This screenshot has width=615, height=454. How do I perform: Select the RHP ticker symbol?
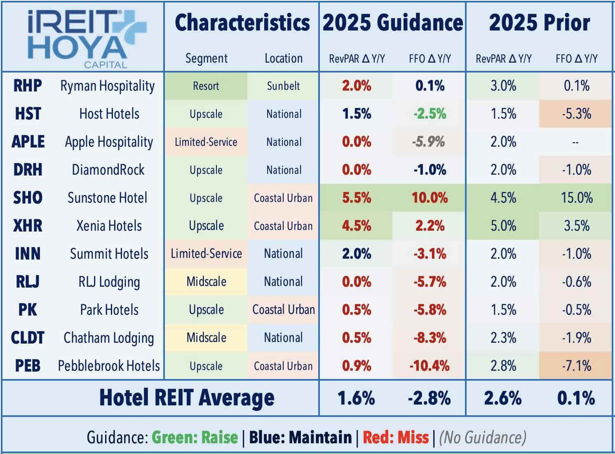click(x=28, y=86)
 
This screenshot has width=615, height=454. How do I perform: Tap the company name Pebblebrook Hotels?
click(x=109, y=365)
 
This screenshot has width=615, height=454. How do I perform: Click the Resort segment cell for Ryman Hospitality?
click(x=206, y=86)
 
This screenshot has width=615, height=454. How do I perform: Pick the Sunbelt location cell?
click(x=283, y=86)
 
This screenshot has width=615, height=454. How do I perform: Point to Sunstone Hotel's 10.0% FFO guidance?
click(x=430, y=198)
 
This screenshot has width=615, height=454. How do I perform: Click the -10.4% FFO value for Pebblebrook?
click(x=429, y=365)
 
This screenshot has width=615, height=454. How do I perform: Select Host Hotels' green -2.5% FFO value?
click(x=430, y=114)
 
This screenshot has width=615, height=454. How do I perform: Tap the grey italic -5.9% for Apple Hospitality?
click(x=429, y=142)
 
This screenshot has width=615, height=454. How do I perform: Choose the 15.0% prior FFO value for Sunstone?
click(x=576, y=198)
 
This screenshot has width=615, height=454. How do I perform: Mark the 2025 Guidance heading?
click(x=392, y=23)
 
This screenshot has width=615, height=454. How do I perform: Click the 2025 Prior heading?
click(x=539, y=23)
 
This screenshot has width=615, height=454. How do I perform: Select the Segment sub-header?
click(x=206, y=59)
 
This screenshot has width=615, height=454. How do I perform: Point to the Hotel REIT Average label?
click(x=187, y=398)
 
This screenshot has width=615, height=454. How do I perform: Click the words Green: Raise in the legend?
click(x=195, y=437)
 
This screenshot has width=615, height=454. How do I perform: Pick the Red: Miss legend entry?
click(x=395, y=437)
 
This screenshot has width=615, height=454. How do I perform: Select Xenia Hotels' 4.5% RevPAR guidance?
click(x=357, y=226)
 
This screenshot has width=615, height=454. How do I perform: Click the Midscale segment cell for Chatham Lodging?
click(x=206, y=338)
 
